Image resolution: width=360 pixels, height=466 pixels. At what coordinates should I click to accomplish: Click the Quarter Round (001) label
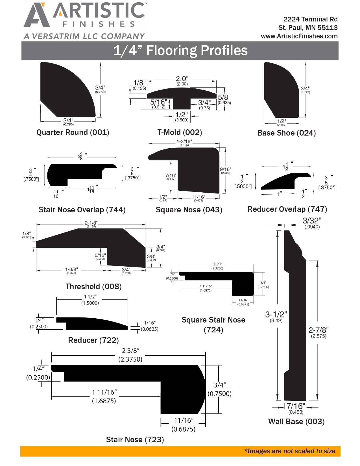(73, 132)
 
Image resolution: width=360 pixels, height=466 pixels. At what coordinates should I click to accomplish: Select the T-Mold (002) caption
(180, 132)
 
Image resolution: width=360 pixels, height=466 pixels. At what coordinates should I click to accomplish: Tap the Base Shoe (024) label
(287, 133)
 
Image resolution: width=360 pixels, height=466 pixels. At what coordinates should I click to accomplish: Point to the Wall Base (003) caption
(296, 422)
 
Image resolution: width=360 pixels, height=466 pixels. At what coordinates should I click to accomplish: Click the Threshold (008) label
(93, 287)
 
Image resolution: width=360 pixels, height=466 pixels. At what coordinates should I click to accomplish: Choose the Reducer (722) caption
(93, 340)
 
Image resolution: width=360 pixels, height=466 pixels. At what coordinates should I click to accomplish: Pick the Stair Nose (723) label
(135, 440)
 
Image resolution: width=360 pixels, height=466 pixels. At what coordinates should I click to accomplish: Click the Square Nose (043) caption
(189, 210)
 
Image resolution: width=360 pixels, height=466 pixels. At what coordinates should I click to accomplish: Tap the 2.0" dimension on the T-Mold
(182, 79)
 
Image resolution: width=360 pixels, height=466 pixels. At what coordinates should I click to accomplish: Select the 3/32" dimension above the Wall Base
(312, 221)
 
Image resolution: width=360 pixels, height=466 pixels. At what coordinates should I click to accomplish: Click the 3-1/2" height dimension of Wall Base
(276, 315)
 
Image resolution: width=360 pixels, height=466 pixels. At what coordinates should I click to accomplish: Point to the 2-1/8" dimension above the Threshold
(91, 223)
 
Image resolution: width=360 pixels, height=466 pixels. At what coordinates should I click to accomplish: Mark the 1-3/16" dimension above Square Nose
(184, 141)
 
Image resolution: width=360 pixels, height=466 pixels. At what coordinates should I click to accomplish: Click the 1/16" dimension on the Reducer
(150, 323)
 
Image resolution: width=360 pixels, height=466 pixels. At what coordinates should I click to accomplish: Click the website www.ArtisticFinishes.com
(299, 36)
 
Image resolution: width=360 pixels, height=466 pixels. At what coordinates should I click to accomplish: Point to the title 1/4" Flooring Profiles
(180, 51)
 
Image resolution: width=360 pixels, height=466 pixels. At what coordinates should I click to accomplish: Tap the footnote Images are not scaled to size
(290, 451)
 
